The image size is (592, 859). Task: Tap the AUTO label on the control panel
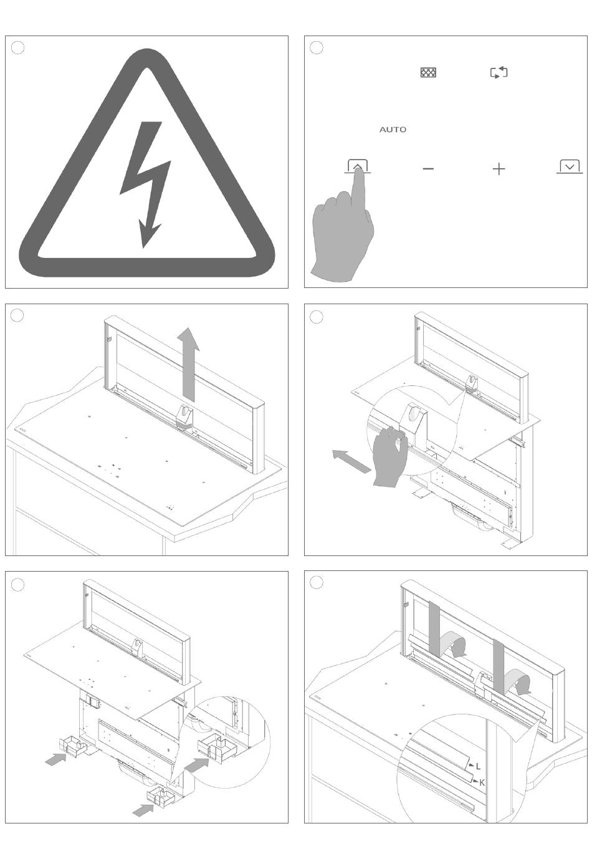pos(393,130)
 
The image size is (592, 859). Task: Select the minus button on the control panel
pos(428,169)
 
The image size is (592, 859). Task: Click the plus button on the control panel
pos(499,169)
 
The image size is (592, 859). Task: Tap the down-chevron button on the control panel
pos(570,167)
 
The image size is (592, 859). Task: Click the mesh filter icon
pos(428,73)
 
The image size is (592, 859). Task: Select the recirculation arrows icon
pos(499,73)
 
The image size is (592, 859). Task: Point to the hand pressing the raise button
pos(343,234)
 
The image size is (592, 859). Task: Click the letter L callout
pos(478,766)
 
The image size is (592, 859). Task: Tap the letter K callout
pos(482,782)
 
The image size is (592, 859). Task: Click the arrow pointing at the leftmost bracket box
pos(55,759)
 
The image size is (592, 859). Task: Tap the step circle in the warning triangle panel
pos(18,48)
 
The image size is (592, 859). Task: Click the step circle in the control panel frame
pos(317,48)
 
